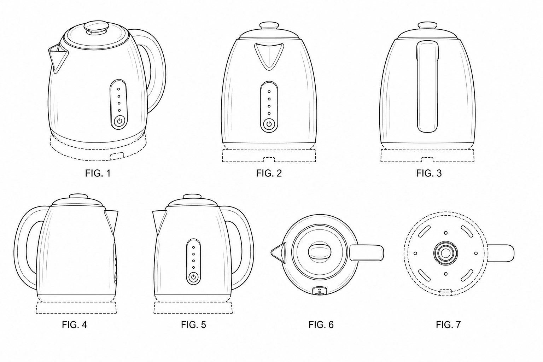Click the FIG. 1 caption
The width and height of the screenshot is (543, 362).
coord(98,173)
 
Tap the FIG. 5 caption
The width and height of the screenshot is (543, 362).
coord(193,325)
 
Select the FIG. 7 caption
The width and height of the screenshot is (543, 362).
coord(448,325)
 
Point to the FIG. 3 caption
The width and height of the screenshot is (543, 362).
coord(429,173)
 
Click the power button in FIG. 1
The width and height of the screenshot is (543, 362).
coord(119,121)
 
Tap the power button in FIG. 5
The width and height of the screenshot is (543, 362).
coord(193,277)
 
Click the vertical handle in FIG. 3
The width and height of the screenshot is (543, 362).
coord(427,87)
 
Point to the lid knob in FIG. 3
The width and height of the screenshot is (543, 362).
coord(428,25)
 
